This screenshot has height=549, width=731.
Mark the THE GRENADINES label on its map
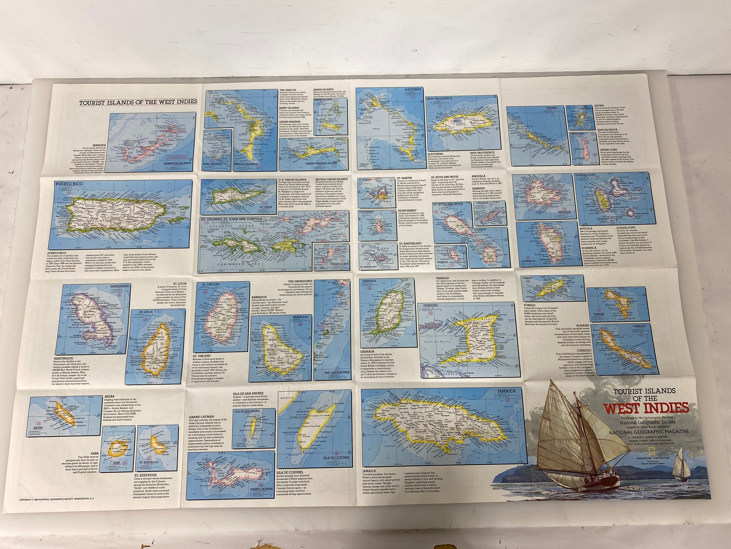[x=336, y=373]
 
